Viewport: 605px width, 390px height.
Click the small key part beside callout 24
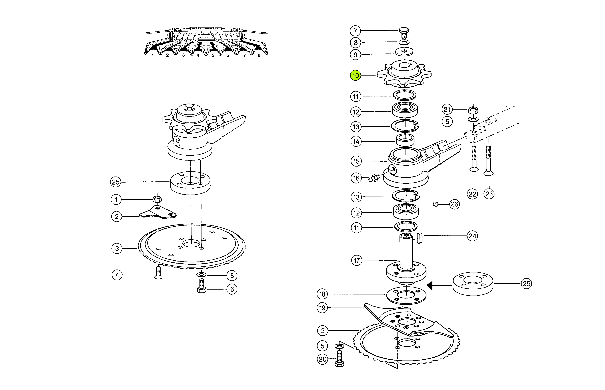click(419, 238)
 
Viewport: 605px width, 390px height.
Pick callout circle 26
click(454, 204)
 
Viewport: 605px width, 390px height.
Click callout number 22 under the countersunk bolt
click(472, 194)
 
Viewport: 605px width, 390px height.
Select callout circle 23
click(489, 194)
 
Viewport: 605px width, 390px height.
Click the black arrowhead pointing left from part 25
click(430, 286)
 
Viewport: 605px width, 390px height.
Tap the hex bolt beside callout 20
click(339, 359)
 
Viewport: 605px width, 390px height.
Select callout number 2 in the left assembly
click(117, 217)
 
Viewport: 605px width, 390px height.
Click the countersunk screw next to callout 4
click(158, 272)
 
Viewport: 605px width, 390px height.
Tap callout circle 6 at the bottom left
click(232, 289)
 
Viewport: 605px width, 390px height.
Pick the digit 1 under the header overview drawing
click(153, 55)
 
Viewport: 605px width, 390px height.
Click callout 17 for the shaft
click(357, 260)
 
